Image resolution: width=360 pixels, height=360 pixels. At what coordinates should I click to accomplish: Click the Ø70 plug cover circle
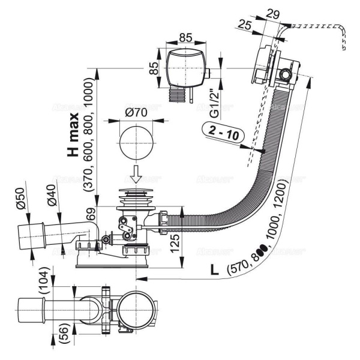(x=136, y=142)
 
